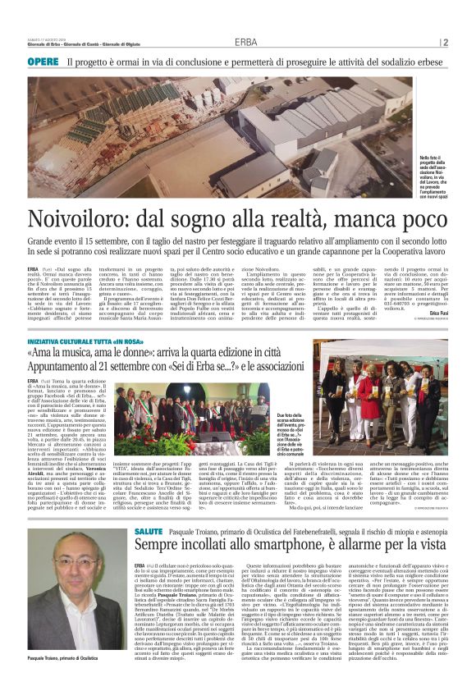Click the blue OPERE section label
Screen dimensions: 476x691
[x=43, y=62]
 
